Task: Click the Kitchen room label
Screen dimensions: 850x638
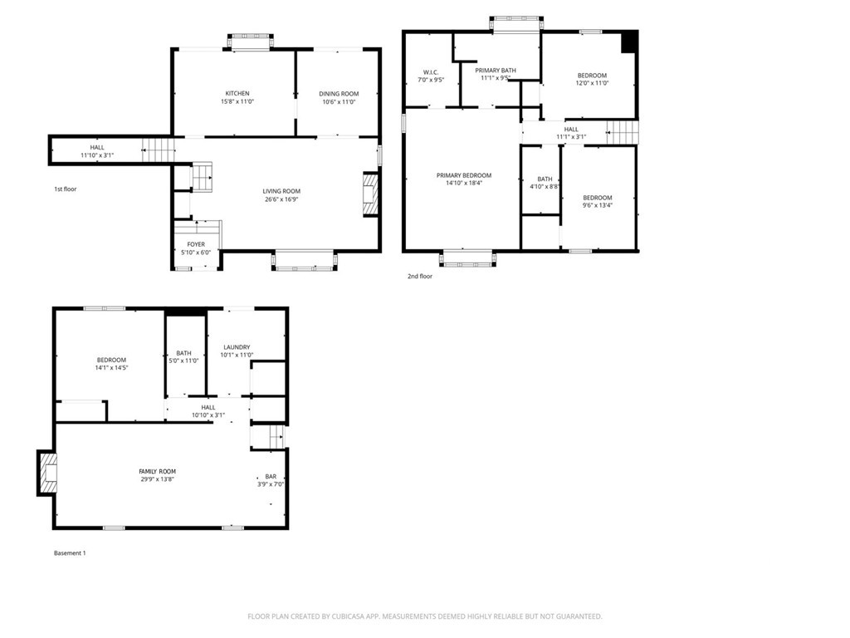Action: (x=237, y=93)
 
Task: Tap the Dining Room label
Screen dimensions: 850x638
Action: (x=339, y=94)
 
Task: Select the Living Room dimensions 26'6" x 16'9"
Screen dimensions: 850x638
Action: (x=282, y=199)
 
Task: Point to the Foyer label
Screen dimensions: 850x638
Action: (x=196, y=245)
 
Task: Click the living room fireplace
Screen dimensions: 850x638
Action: (x=370, y=194)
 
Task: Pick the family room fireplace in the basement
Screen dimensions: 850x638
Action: (x=47, y=473)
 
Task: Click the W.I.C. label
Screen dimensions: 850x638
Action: (x=431, y=72)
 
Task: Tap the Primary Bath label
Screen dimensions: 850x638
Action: (x=496, y=71)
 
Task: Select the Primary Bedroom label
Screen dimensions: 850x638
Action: (x=464, y=175)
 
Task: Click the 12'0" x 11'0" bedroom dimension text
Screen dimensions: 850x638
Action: (x=592, y=83)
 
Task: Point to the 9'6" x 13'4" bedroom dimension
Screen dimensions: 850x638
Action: (x=598, y=206)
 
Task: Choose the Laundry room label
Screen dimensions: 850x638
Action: (x=237, y=347)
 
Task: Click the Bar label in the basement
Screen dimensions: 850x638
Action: (x=271, y=477)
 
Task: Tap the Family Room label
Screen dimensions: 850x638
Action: (x=157, y=472)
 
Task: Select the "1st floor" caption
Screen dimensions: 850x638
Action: (x=65, y=189)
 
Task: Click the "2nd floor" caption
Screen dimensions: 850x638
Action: (x=420, y=276)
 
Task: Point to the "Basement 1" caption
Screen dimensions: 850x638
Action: (x=70, y=553)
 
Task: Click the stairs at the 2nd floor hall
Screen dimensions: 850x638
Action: (x=622, y=132)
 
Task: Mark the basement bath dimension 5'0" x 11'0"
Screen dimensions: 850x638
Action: (x=183, y=361)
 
